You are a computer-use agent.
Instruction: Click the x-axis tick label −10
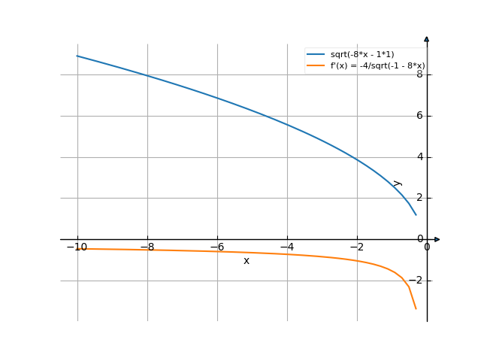77,247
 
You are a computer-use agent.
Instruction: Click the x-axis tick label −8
147,247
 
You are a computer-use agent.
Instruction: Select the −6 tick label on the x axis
216,247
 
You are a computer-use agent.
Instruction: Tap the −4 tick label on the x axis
286,247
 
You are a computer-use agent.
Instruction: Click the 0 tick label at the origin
427,247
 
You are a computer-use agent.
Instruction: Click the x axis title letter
246,260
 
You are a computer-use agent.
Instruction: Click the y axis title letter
398,183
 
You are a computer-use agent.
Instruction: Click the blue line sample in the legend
316,54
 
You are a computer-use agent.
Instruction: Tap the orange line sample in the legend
316,66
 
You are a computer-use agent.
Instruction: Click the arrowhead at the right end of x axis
437,239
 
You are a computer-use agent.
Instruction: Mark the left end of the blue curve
77,56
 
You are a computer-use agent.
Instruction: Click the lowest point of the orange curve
416,308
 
